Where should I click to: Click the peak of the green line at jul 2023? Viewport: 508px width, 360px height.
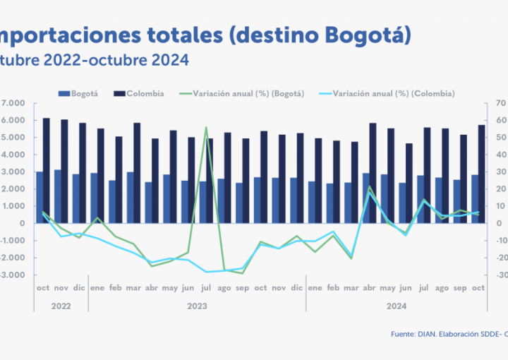click(206, 128)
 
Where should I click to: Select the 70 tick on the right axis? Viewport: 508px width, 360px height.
click(499, 103)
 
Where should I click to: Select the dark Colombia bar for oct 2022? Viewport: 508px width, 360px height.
click(47, 169)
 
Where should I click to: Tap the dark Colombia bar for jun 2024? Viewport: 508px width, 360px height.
click(409, 183)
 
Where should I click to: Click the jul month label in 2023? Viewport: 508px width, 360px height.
click(206, 288)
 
